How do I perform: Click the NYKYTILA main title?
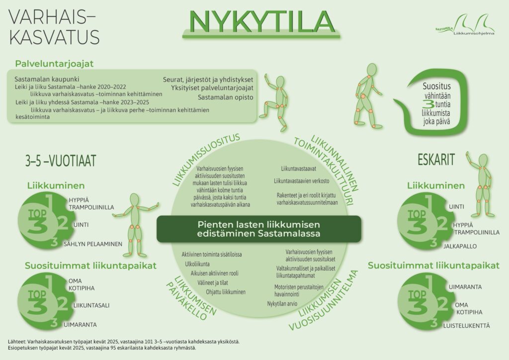tap(261, 21)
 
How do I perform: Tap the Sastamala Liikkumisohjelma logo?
tap(465, 25)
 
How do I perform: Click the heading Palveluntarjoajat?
tap(54, 64)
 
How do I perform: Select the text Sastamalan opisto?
tap(226, 97)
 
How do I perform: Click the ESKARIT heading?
tap(436, 160)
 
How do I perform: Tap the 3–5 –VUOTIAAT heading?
tap(61, 161)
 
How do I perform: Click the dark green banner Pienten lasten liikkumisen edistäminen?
tap(258, 229)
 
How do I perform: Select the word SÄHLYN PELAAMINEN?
tap(93, 244)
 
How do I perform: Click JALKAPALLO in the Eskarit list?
tap(460, 247)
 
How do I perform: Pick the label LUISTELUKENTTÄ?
tap(466, 326)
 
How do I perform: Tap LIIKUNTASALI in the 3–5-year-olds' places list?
tap(91, 305)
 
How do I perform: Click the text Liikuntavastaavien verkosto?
tap(302, 181)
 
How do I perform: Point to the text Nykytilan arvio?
tap(282, 304)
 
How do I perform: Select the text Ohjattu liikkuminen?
tap(226, 292)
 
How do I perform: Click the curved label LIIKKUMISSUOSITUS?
tap(206, 159)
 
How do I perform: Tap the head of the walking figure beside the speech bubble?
tap(372, 70)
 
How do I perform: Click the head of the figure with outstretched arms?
tap(134, 199)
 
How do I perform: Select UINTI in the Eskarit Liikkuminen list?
tap(456, 207)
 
